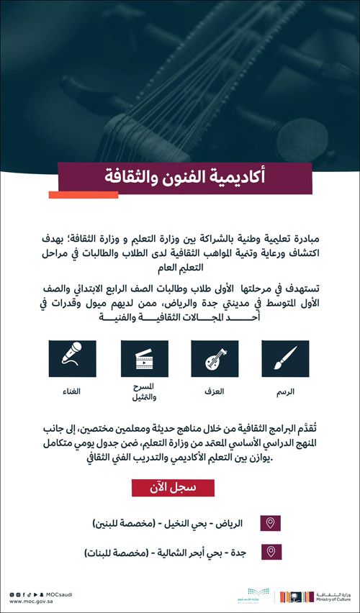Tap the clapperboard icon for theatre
[x=145, y=358]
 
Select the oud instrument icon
[x=215, y=358]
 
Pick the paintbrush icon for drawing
[x=286, y=358]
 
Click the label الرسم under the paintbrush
[x=286, y=392]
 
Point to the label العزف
[x=215, y=392]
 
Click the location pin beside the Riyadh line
[x=271, y=523]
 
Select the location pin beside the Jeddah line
[x=271, y=552]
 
